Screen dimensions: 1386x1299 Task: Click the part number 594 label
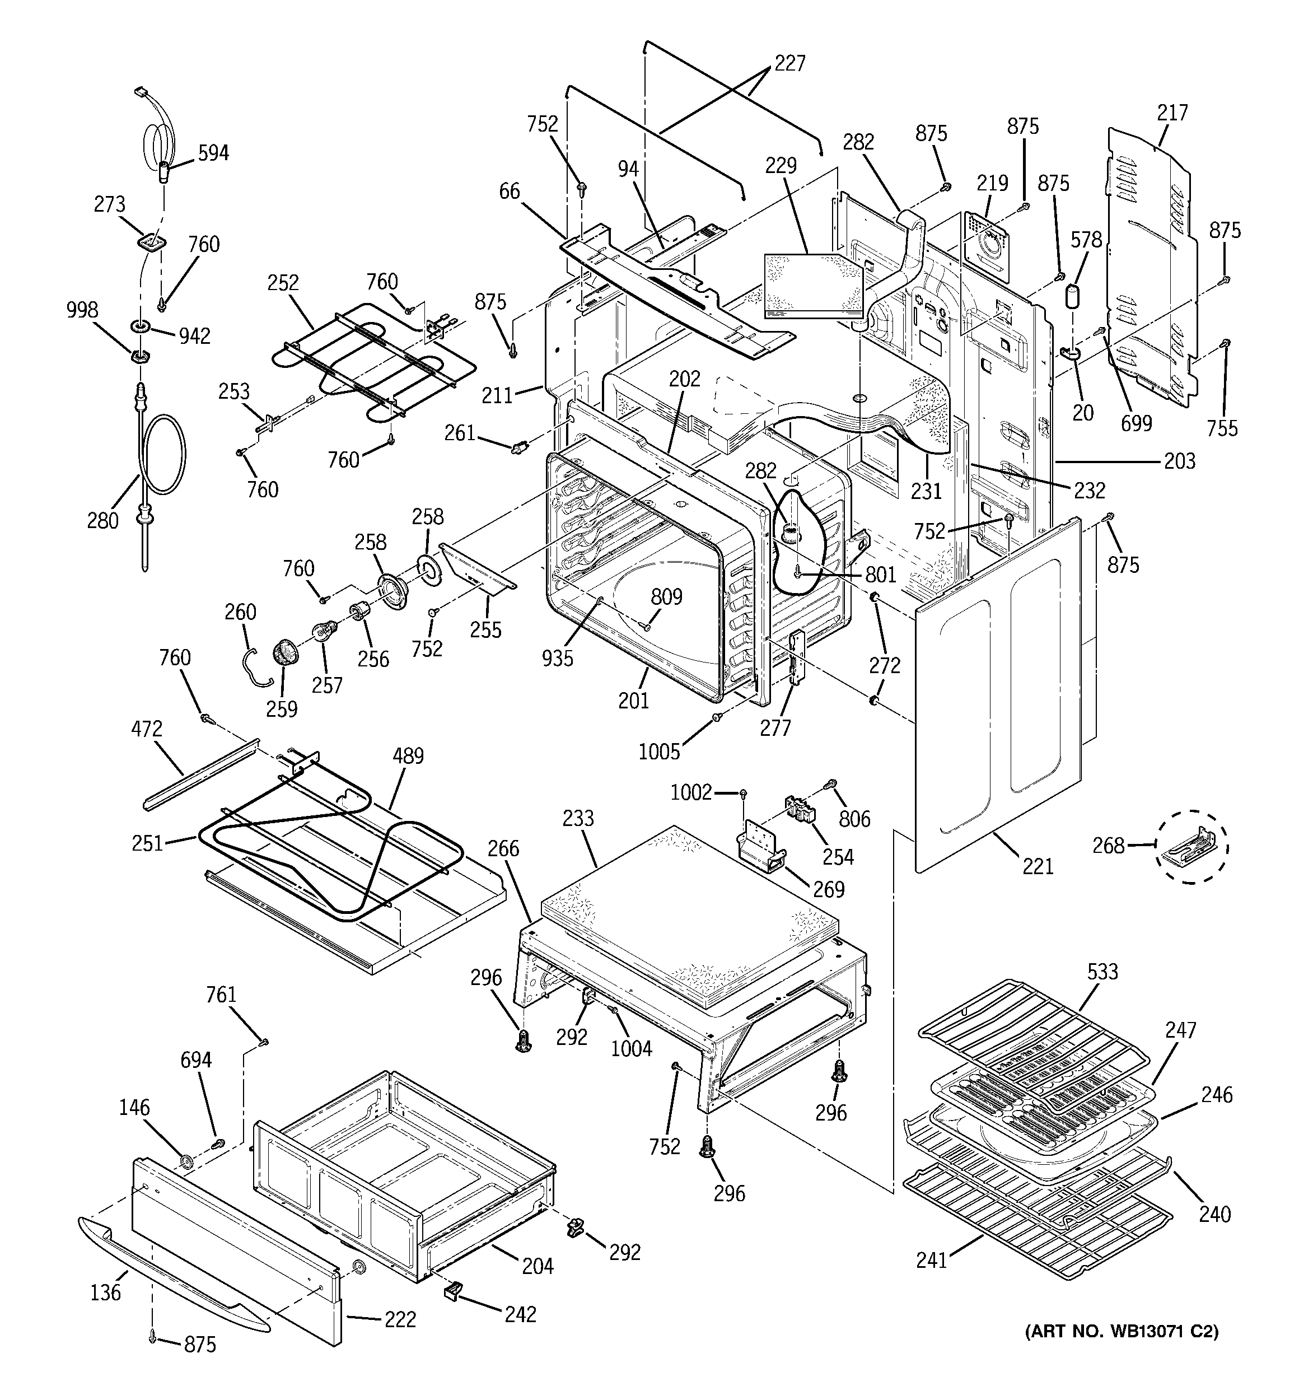click(x=213, y=153)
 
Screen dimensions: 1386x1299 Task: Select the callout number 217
click(x=1172, y=112)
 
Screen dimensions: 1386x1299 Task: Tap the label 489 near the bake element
click(x=408, y=756)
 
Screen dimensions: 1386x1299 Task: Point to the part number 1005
click(x=659, y=752)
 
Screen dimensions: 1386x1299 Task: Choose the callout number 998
click(x=82, y=310)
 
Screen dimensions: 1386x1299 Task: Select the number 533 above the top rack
click(x=1102, y=971)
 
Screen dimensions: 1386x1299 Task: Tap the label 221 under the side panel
click(x=1038, y=866)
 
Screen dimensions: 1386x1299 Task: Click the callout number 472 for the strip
click(x=147, y=729)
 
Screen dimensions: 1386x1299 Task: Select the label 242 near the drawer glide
click(x=520, y=1314)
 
